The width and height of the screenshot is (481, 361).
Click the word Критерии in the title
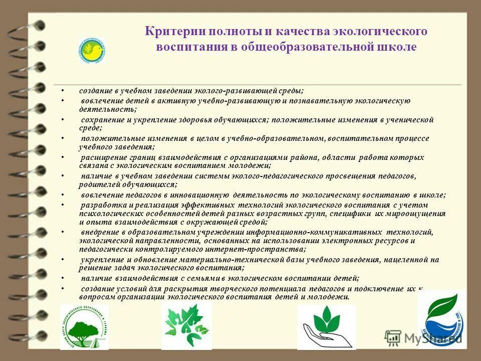tap(169, 32)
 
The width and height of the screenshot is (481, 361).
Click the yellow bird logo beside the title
tap(91, 50)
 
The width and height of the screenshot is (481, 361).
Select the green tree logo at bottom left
tap(84, 326)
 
